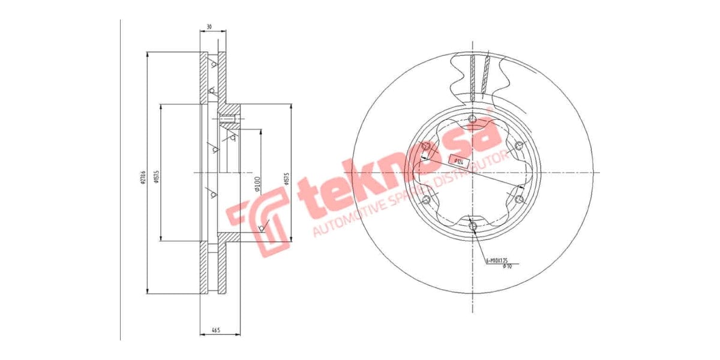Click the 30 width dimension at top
coord(209,26)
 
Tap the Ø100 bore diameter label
coord(256,183)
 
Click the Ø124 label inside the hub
coord(458,161)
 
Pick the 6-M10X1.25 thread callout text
coord(496,260)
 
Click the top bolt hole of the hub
coord(472,118)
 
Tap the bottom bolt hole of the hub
coord(473,226)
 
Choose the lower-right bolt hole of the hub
coord(520,199)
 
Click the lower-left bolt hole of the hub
coord(426,199)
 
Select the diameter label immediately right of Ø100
coord(286,180)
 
